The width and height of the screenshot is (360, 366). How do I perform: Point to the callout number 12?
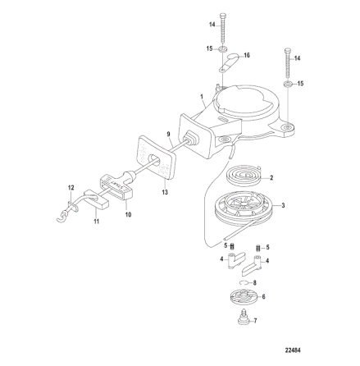[x=71, y=187]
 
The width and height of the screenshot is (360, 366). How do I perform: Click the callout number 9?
[x=168, y=134]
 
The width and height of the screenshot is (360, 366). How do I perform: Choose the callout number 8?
[x=257, y=282]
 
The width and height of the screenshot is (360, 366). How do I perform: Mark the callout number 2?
[x=271, y=177]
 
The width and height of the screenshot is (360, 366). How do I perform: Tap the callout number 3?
[x=283, y=205]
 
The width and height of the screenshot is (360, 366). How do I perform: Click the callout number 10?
[x=128, y=215]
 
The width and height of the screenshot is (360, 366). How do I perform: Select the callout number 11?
[x=95, y=222]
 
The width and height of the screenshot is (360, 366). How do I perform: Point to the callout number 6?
[x=262, y=295]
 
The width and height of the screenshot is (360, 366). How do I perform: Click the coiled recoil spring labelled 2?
[x=245, y=176]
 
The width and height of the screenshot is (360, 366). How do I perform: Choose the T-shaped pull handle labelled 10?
[x=112, y=185]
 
